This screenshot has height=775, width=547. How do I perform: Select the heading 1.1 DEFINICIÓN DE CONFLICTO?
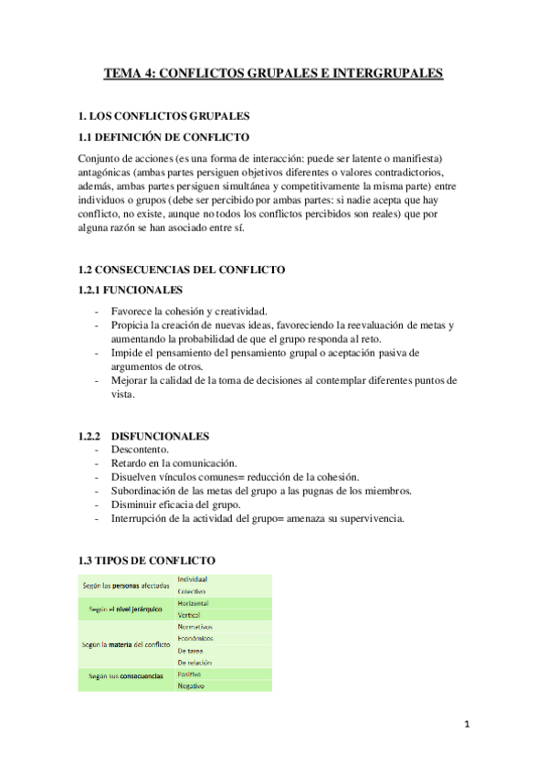[163, 137]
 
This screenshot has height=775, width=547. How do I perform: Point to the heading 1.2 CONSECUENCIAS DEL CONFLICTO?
[182, 270]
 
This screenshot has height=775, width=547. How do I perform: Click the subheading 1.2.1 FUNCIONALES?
[131, 290]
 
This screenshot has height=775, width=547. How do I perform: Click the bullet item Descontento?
[137, 450]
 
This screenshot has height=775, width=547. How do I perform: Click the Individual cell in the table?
[193, 579]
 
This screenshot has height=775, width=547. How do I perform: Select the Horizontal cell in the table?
[194, 604]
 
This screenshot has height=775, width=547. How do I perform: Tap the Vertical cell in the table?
[191, 615]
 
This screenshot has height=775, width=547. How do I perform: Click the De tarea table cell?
[192, 651]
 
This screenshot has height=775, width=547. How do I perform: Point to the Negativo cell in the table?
[192, 685]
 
